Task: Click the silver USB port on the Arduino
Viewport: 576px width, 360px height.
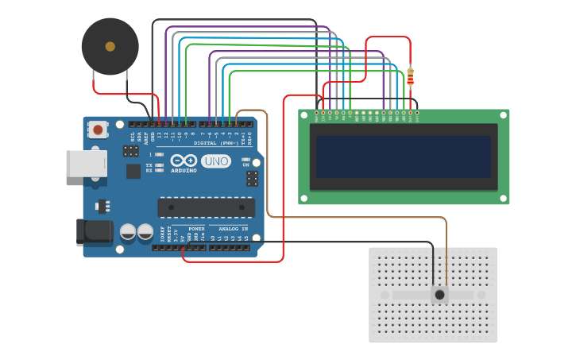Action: pyautogui.click(x=85, y=164)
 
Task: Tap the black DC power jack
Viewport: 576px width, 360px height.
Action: pyautogui.click(x=93, y=231)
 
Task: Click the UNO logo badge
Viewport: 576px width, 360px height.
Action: pyautogui.click(x=215, y=161)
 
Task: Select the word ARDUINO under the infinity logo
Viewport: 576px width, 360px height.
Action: pyautogui.click(x=183, y=171)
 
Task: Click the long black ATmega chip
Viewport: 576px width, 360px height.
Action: pyautogui.click(x=206, y=207)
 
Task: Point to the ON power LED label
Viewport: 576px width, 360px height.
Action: pyautogui.click(x=245, y=165)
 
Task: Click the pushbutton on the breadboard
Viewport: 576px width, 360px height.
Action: pyautogui.click(x=439, y=295)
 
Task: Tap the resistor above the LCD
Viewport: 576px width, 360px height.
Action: pyautogui.click(x=410, y=76)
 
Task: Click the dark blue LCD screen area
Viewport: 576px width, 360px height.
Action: pyautogui.click(x=403, y=157)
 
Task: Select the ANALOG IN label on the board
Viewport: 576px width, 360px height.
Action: pyautogui.click(x=234, y=229)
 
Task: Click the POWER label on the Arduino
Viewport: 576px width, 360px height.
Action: pyautogui.click(x=196, y=229)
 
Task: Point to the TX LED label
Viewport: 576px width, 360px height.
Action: pyautogui.click(x=149, y=165)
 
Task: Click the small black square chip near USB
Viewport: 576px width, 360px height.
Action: pyautogui.click(x=133, y=170)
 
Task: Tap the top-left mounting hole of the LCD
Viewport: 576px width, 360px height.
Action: pyautogui.click(x=303, y=114)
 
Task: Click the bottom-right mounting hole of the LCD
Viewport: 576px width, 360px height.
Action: pyautogui.click(x=504, y=198)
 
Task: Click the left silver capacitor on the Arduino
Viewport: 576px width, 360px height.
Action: pyautogui.click(x=128, y=232)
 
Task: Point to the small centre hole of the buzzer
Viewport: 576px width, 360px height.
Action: pyautogui.click(x=110, y=46)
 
